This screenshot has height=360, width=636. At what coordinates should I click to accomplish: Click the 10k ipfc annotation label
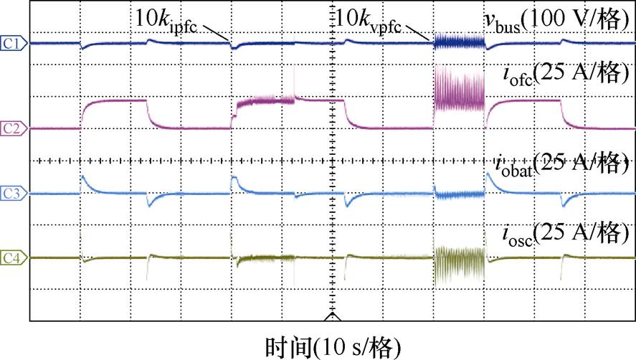tap(167, 20)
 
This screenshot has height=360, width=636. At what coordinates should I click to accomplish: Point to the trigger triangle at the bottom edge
tap(331, 315)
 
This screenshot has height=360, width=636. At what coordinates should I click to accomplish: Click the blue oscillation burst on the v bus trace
tap(460, 43)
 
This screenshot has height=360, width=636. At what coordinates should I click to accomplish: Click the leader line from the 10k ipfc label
tap(216, 32)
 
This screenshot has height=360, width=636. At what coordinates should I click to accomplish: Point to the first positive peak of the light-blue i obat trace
tap(83, 176)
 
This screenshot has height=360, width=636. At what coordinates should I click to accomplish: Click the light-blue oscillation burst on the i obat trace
tap(460, 194)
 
